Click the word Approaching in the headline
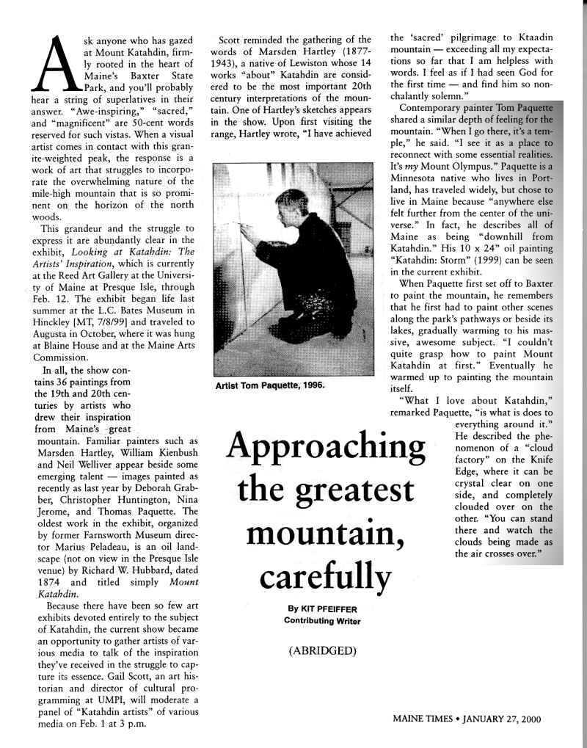coord(327,447)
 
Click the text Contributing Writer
coord(322,621)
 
